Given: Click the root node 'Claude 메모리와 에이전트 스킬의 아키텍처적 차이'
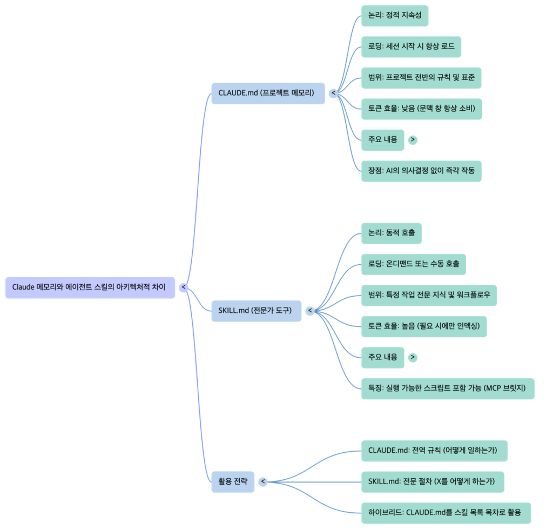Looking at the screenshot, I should pos(90,287).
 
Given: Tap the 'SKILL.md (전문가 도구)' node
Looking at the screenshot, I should pos(256,311).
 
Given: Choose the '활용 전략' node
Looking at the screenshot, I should pos(233,481).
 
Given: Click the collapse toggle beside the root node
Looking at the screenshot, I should pos(184,287).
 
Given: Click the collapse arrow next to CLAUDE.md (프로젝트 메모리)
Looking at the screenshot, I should pos(333,93).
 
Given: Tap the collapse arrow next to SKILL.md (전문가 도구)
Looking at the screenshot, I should pos(310,311).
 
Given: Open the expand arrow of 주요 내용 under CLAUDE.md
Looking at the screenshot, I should pos(413,140).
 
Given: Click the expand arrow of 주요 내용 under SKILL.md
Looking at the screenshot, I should pos(413,357).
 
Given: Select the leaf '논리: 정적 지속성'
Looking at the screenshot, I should pos(394,16).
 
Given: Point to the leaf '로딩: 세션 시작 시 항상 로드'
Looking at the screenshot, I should pos(411,46).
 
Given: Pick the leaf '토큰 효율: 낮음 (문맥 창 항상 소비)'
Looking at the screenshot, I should pos(421,109).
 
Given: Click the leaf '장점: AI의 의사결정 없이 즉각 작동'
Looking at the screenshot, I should pos(421,171).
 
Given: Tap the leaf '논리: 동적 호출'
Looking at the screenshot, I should pos(391,233).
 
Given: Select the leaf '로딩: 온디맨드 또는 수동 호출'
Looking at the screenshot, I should pos(413,264).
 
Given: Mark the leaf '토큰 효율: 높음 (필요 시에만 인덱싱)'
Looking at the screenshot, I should pos(424,326).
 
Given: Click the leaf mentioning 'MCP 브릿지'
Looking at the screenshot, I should pos(447,389).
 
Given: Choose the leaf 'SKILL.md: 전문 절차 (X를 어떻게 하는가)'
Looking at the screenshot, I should pos(432,481).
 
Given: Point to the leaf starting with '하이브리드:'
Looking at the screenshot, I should pos(444,512).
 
